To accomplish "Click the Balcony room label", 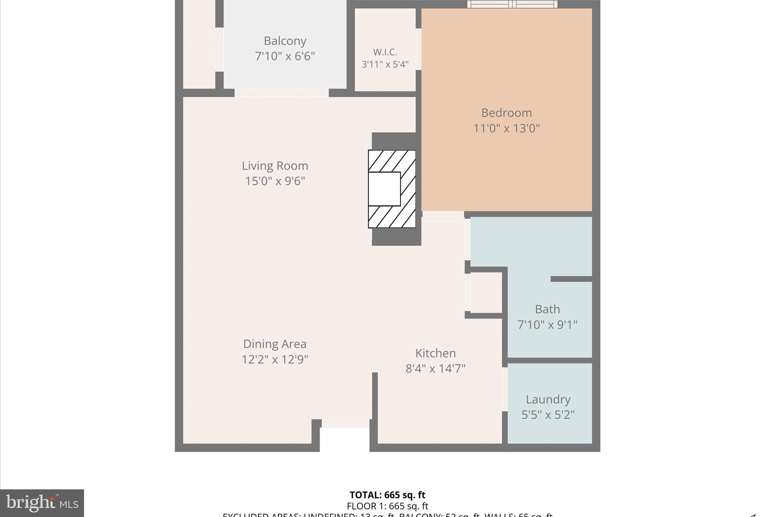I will [x=285, y=41].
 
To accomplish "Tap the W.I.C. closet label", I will [x=385, y=52].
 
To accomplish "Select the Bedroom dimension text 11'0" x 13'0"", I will [x=506, y=128].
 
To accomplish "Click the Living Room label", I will [x=275, y=166].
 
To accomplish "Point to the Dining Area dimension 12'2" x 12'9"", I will [x=275, y=359].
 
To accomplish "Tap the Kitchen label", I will [x=436, y=353].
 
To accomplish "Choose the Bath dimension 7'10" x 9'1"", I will [x=547, y=325].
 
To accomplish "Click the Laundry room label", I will [x=548, y=399].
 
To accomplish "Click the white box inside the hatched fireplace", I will [x=384, y=189].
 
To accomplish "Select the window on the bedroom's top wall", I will [x=512, y=5].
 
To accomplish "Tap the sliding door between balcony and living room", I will [x=282, y=93].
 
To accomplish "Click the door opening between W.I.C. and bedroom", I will [x=419, y=49].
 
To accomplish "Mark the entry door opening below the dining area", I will [x=345, y=423].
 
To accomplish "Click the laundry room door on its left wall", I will [x=504, y=389].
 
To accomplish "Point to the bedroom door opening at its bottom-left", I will [x=443, y=214].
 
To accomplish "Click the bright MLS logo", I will [x=42, y=503].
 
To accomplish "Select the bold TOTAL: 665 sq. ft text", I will [x=387, y=495].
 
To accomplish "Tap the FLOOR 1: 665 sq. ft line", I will [x=387, y=506].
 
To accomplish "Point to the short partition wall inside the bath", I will [x=571, y=279].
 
